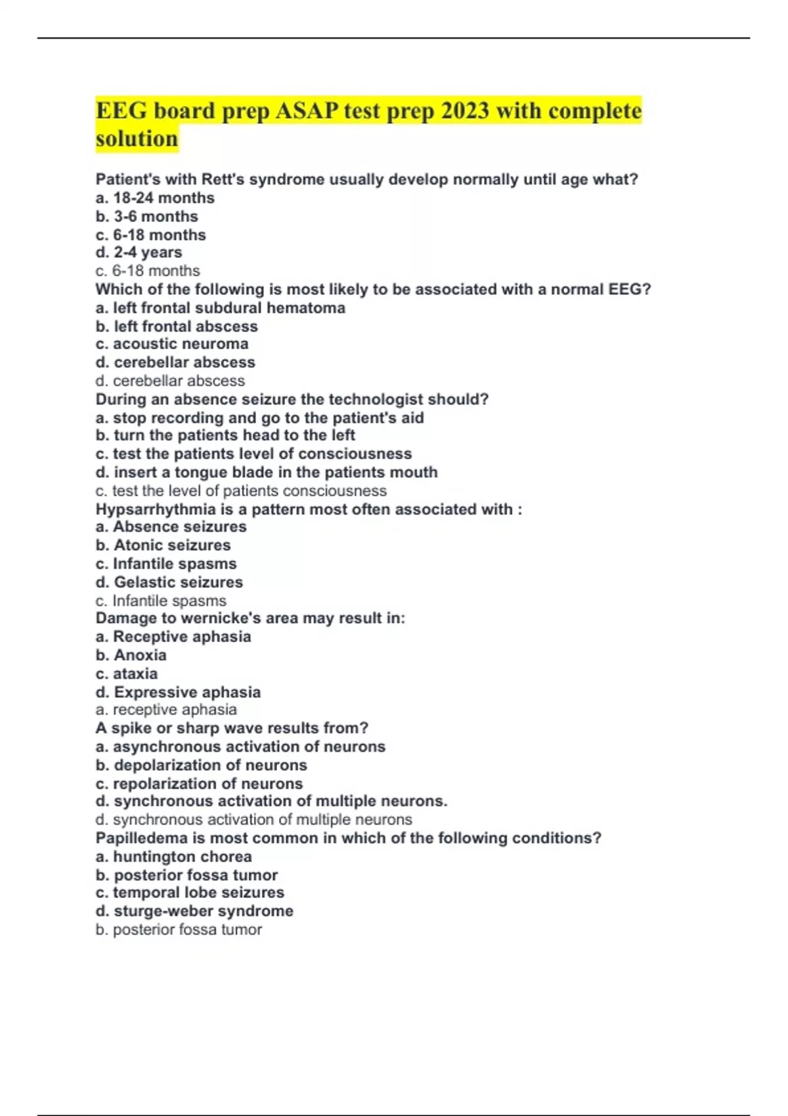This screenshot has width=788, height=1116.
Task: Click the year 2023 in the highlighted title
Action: tap(465, 111)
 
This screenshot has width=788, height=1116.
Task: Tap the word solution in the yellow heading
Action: tap(137, 139)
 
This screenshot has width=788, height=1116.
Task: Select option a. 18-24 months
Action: tap(155, 198)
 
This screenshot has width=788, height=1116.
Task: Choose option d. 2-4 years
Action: tap(139, 253)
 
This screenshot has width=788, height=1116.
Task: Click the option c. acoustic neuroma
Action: tap(172, 344)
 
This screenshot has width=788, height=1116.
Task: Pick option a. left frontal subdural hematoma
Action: tap(220, 308)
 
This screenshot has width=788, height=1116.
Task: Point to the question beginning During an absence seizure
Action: tap(292, 399)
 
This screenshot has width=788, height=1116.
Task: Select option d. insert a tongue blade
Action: tap(267, 472)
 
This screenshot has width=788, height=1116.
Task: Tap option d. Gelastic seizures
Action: tap(169, 582)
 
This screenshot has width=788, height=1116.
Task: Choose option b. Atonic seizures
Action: tap(163, 545)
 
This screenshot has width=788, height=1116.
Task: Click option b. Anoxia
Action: tap(131, 655)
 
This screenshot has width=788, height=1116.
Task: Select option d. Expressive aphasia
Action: tap(178, 692)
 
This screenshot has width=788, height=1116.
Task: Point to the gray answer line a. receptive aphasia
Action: tap(166, 710)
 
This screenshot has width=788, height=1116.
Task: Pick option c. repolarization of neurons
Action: tap(199, 784)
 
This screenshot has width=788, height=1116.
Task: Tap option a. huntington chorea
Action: tap(173, 857)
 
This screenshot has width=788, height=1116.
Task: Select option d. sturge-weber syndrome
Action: tap(194, 911)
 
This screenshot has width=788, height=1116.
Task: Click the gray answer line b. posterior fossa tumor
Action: tap(179, 930)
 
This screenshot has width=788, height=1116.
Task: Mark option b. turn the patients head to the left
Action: tap(225, 435)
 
